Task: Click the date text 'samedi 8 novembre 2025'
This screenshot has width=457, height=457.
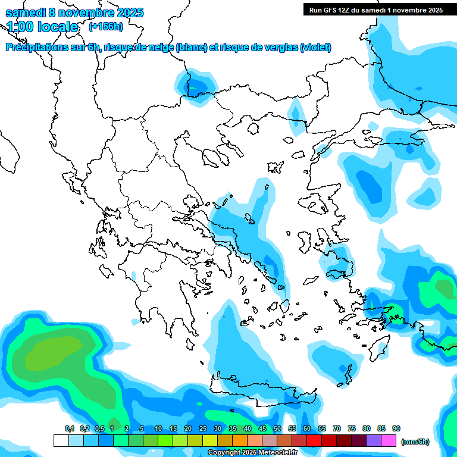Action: point(74,12)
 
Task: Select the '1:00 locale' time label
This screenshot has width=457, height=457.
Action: point(43,27)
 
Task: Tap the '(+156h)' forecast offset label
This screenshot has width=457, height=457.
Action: point(106,27)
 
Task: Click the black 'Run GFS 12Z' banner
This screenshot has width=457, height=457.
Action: point(376,10)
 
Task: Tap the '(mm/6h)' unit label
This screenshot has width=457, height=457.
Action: point(415,442)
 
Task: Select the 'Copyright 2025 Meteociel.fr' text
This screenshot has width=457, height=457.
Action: point(253,453)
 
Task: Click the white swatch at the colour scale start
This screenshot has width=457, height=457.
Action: point(61,441)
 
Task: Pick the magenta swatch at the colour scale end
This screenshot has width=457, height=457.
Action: point(389,441)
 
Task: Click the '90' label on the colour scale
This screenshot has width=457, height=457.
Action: point(396,428)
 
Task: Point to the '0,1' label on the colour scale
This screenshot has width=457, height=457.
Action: point(70,428)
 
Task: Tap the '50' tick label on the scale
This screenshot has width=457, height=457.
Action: point(277,428)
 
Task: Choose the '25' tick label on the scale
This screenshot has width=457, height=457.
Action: point(203,428)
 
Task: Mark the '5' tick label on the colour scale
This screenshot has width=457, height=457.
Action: point(142,428)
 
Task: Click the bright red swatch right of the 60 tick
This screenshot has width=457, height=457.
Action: point(314,441)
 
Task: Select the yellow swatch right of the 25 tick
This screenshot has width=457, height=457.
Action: point(210,441)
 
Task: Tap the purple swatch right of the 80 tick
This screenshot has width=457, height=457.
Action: point(374,441)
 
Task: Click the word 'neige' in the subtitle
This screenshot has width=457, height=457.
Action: point(162,48)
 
